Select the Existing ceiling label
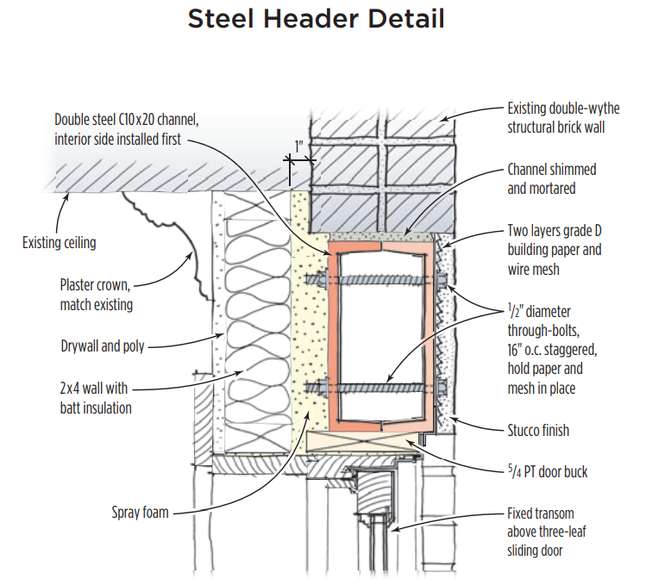coord(59,243)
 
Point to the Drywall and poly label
coord(103,346)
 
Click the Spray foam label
coord(140,513)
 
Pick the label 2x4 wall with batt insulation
coord(95,397)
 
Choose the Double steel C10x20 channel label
coord(118,130)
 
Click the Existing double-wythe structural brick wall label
coord(563,118)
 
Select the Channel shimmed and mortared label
coord(551,178)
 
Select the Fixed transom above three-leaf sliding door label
coord(551,531)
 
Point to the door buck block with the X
coord(362,440)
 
